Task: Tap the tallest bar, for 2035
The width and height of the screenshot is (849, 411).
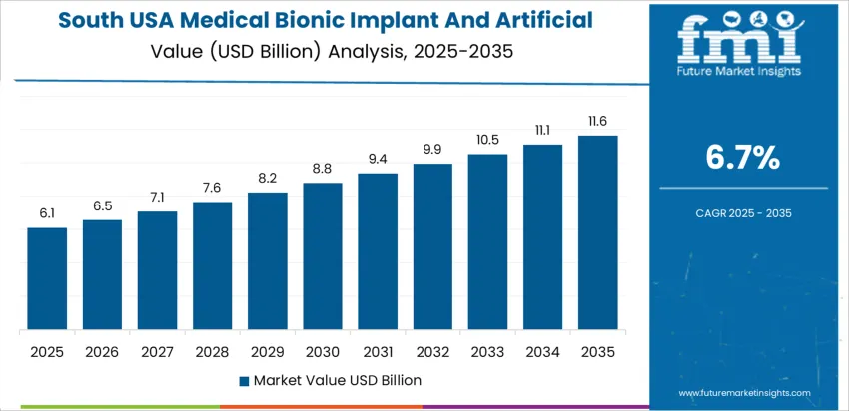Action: (597, 233)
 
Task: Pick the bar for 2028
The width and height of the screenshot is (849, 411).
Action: (212, 266)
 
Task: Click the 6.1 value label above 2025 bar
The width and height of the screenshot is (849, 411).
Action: (47, 213)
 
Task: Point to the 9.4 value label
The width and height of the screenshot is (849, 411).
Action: (378, 159)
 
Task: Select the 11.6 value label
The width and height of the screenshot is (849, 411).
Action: (597, 121)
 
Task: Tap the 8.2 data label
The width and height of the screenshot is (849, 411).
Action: (268, 178)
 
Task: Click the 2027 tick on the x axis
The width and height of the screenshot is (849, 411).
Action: (157, 351)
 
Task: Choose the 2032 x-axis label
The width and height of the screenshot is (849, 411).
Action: (432, 351)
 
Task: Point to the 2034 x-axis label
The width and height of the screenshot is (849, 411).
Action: (542, 351)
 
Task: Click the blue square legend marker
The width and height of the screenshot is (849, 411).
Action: (244, 381)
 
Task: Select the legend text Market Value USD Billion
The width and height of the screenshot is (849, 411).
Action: (337, 380)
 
